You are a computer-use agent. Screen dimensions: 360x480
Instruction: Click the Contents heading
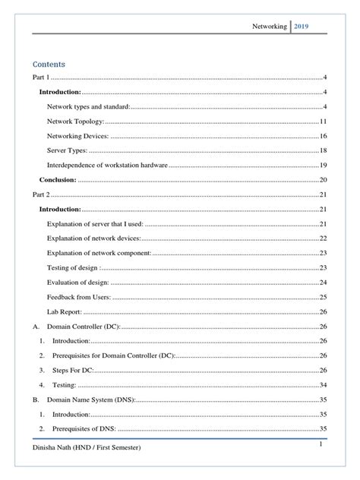48,64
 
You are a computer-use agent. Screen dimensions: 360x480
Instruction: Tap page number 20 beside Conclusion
323,180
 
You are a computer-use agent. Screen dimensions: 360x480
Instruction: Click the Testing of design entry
72,267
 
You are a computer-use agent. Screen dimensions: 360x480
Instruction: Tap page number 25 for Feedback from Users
323,296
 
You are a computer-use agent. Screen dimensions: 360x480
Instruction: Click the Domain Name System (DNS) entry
90,399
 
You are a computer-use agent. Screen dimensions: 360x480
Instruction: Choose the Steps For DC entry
72,370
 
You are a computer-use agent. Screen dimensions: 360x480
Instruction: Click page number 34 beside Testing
323,384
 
